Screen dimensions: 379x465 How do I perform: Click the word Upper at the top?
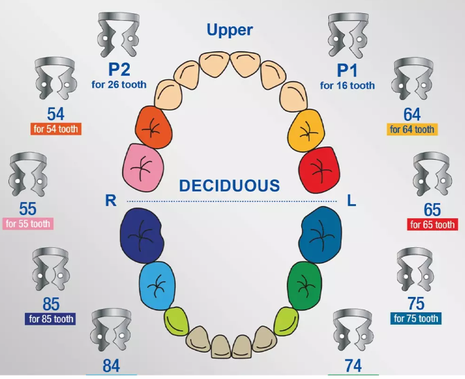pyautogui.click(x=230, y=30)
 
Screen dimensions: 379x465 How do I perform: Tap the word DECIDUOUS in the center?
pyautogui.click(x=230, y=185)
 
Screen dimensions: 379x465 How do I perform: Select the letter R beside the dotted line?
pyautogui.click(x=109, y=201)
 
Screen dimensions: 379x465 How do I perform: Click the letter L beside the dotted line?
pyautogui.click(x=351, y=201)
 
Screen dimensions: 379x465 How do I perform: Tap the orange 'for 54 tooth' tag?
pyautogui.click(x=56, y=129)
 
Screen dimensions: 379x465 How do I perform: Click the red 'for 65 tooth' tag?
pyautogui.click(x=432, y=225)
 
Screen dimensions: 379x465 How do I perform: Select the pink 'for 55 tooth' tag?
pyautogui.click(x=28, y=224)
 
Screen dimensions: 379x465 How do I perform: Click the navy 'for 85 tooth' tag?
pyautogui.click(x=51, y=319)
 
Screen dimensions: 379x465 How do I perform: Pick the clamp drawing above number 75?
pyautogui.click(x=416, y=270)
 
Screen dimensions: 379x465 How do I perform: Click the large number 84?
pyautogui.click(x=111, y=366)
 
